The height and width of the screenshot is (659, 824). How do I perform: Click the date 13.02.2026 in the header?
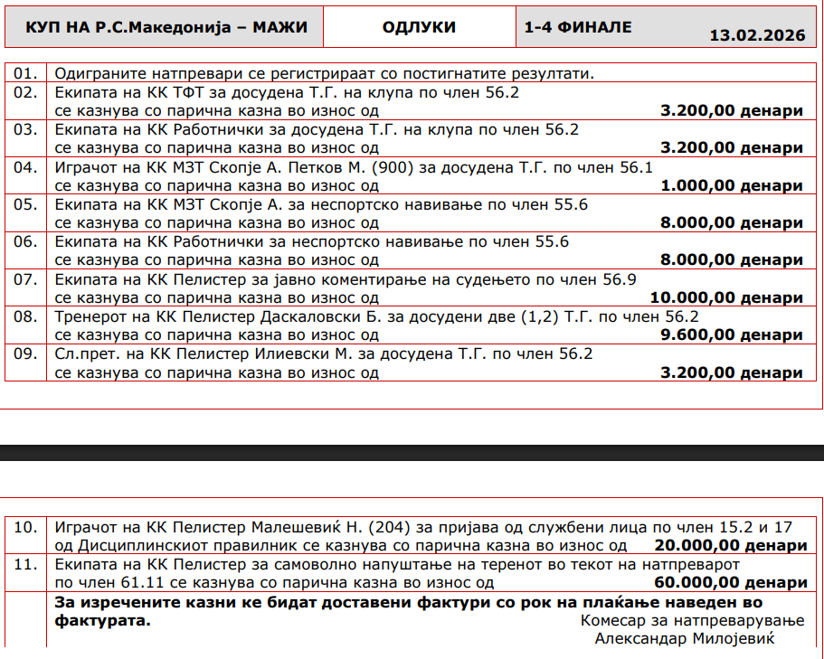(x=757, y=35)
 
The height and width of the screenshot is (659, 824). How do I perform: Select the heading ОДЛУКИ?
(x=419, y=28)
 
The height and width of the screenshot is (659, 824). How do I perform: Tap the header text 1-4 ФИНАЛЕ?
(x=578, y=28)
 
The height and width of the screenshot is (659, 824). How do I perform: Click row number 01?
(x=25, y=73)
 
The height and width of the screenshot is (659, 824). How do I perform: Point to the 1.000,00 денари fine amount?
(x=732, y=185)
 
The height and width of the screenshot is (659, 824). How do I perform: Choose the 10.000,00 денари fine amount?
(x=726, y=297)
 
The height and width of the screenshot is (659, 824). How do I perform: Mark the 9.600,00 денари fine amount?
(x=732, y=334)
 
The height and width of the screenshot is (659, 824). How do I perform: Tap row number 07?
(x=25, y=279)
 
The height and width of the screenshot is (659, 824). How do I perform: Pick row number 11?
(x=25, y=564)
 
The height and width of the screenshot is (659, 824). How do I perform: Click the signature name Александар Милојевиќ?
(x=684, y=638)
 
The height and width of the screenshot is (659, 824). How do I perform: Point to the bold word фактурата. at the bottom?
(x=102, y=620)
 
